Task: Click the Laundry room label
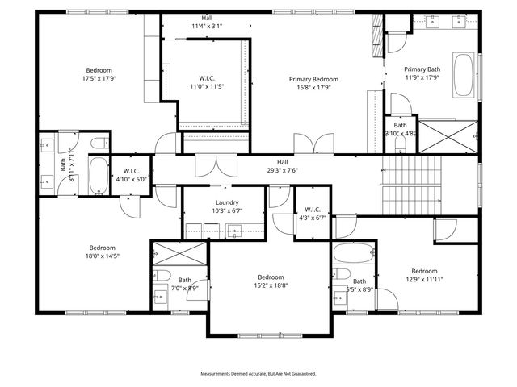pos(227,202)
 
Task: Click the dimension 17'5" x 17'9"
pos(99,79)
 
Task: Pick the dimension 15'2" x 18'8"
pos(271,285)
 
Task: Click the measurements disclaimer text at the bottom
pos(258,374)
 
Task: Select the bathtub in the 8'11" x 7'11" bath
pos(98,176)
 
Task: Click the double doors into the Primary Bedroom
pos(313,144)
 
